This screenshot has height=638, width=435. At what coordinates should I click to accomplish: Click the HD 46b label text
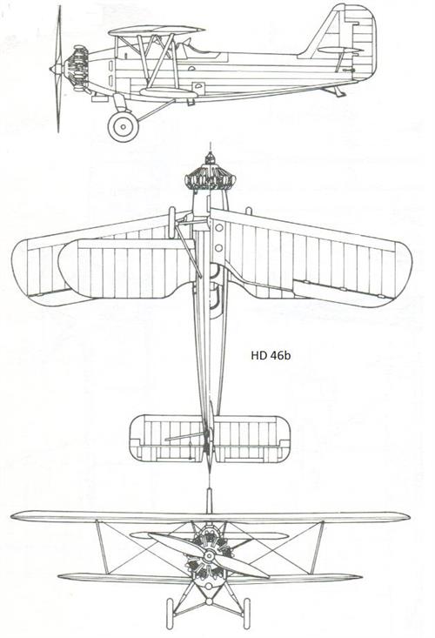[271, 355]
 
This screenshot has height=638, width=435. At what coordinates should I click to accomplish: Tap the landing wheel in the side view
[124, 126]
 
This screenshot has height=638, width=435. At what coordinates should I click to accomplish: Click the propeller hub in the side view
[56, 69]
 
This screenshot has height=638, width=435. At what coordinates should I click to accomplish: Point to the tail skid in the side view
[336, 91]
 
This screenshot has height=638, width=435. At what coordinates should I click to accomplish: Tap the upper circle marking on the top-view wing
[219, 228]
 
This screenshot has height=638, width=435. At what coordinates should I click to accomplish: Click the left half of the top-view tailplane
[167, 438]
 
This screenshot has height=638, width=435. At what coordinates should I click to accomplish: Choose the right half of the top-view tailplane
[252, 438]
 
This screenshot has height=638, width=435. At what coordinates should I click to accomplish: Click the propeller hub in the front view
[210, 555]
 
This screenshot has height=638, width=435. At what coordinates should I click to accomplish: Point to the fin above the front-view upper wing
[209, 500]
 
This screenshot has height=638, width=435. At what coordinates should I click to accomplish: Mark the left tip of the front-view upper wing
[11, 516]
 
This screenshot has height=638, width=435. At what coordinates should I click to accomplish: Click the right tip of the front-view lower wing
[360, 576]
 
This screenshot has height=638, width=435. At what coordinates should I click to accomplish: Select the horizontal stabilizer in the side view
[339, 50]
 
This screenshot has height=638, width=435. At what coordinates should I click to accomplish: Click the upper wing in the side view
[156, 30]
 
